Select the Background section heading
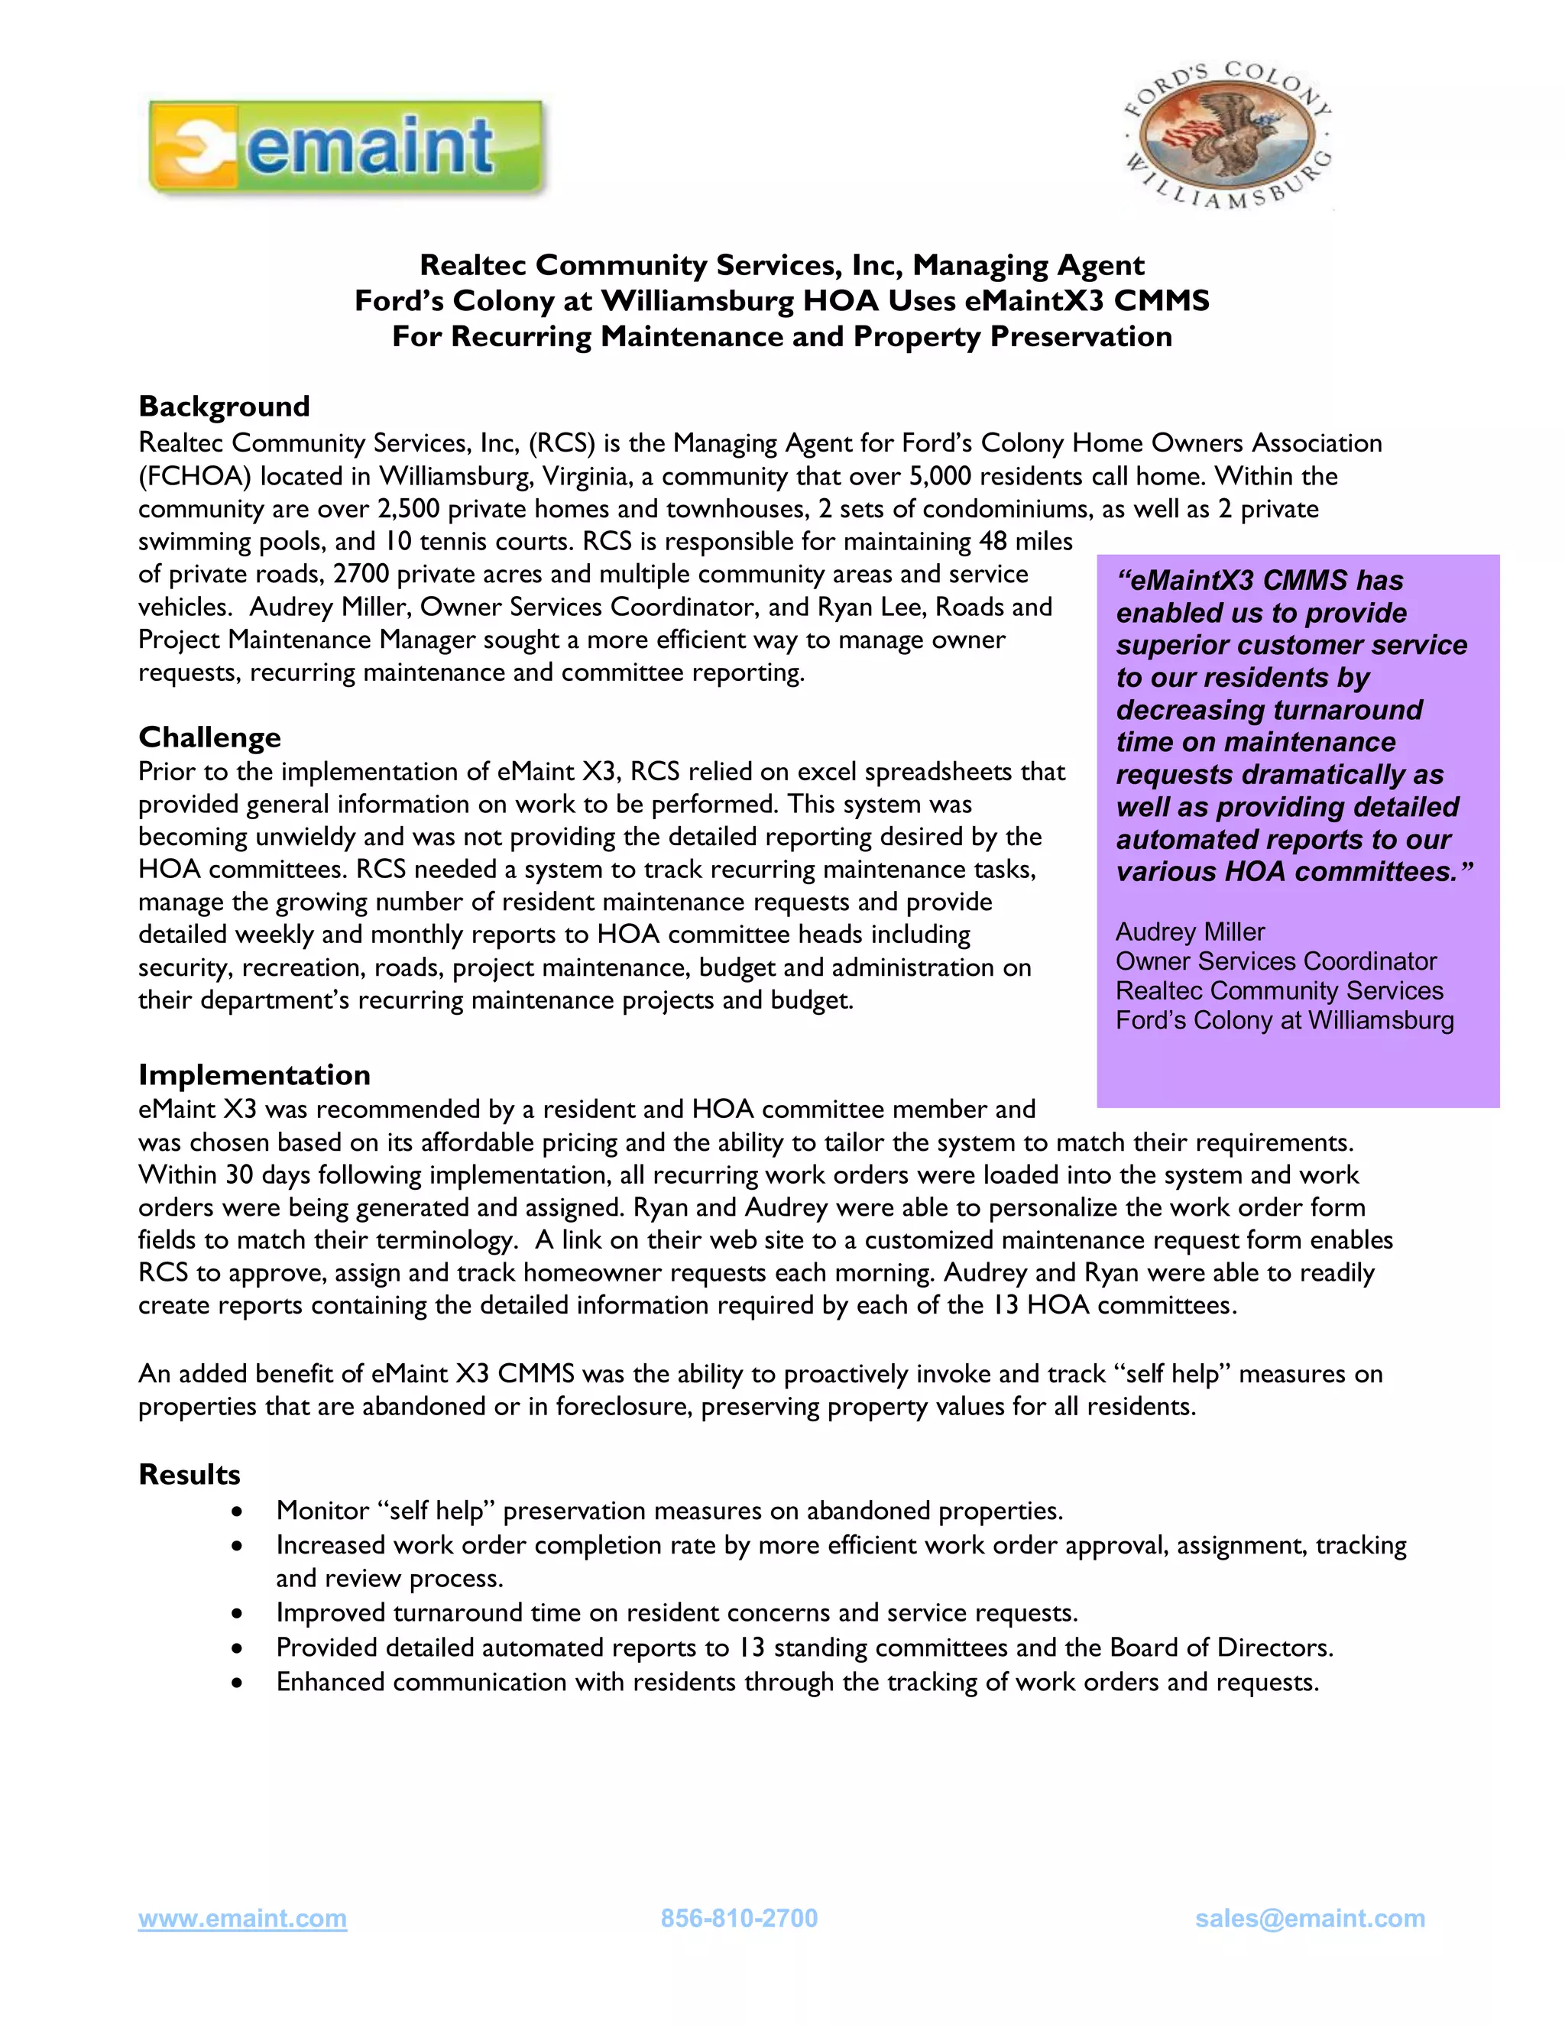click(223, 406)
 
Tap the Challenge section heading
click(209, 737)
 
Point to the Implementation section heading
click(254, 1074)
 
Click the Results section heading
click(190, 1474)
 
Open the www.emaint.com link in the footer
click(242, 1918)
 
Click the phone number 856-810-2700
click(739, 1918)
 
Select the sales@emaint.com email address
click(1309, 1918)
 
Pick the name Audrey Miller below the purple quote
click(1190, 932)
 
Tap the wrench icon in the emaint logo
click(196, 147)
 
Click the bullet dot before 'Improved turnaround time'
click(238, 1614)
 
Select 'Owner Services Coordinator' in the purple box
click(1275, 961)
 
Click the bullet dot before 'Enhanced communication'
click(238, 1683)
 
